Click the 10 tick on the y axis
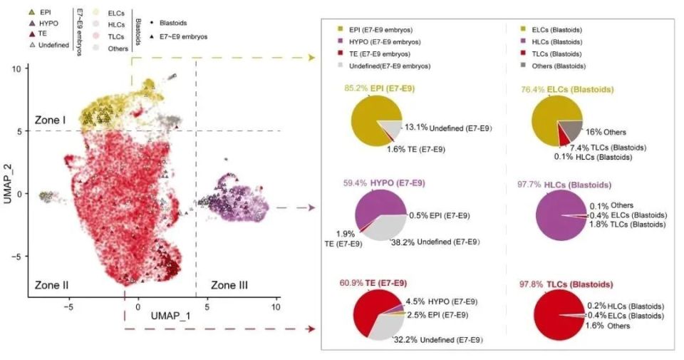point(24,68)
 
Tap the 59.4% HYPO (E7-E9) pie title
point(388,183)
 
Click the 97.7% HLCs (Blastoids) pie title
point(564,185)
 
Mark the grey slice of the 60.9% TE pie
point(386,324)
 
